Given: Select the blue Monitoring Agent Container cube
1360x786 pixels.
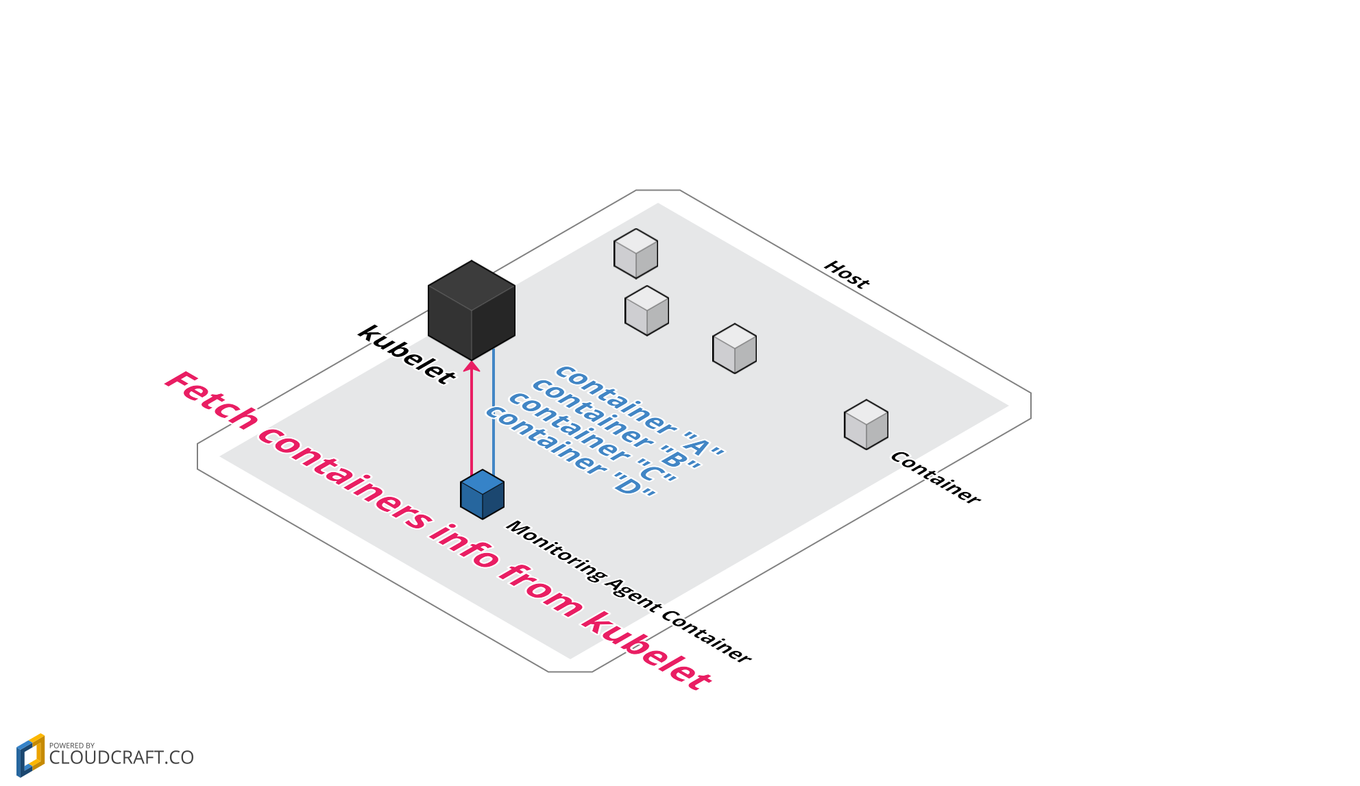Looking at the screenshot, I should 483,495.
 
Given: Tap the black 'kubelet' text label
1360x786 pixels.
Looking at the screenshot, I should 406,355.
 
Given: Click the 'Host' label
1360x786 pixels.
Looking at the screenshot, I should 847,275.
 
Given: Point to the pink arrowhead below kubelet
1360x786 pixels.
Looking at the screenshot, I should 472,366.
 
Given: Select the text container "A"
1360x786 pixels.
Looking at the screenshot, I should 639,410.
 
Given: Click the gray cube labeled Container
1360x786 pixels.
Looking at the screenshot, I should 866,425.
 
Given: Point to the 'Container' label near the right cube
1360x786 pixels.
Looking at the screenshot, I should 936,478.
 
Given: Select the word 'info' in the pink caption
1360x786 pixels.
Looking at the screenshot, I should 464,545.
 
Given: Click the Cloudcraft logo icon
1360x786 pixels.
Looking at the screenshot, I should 30,755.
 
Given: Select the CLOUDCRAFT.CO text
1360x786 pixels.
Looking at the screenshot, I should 121,758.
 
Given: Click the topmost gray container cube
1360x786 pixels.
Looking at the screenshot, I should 636,254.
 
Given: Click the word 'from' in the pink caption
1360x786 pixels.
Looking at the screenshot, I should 541,589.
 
